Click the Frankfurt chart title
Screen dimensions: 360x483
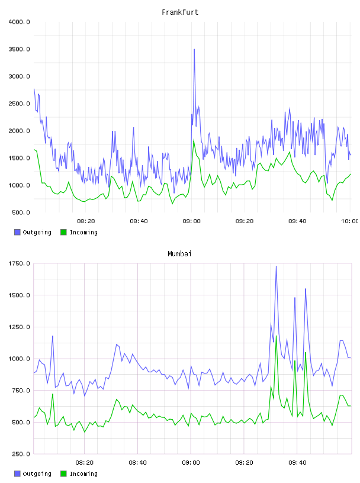click(180, 12)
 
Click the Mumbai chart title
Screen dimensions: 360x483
click(179, 254)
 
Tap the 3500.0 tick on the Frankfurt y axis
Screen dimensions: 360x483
click(19, 49)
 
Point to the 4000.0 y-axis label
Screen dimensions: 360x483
click(19, 22)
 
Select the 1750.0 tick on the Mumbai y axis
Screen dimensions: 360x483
click(19, 263)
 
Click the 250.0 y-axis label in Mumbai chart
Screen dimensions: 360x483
click(21, 454)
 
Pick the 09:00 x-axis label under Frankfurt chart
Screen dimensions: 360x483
click(191, 221)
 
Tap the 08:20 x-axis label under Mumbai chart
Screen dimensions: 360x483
click(85, 463)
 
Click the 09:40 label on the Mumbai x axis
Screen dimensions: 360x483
click(297, 463)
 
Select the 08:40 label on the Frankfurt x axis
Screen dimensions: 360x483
click(139, 221)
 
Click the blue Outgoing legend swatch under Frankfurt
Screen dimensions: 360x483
click(17, 232)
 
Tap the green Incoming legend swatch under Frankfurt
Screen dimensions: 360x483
click(63, 232)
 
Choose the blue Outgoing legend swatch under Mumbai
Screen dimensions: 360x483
click(17, 474)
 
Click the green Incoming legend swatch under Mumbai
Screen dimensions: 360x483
click(63, 474)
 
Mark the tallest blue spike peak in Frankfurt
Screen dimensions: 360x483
click(194, 49)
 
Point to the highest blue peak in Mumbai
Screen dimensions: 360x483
click(276, 266)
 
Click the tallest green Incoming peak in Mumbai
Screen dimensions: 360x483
click(276, 336)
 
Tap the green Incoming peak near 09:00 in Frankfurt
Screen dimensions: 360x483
click(194, 140)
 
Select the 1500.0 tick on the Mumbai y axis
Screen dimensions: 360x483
click(19, 295)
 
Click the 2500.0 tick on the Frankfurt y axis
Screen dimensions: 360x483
click(19, 104)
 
